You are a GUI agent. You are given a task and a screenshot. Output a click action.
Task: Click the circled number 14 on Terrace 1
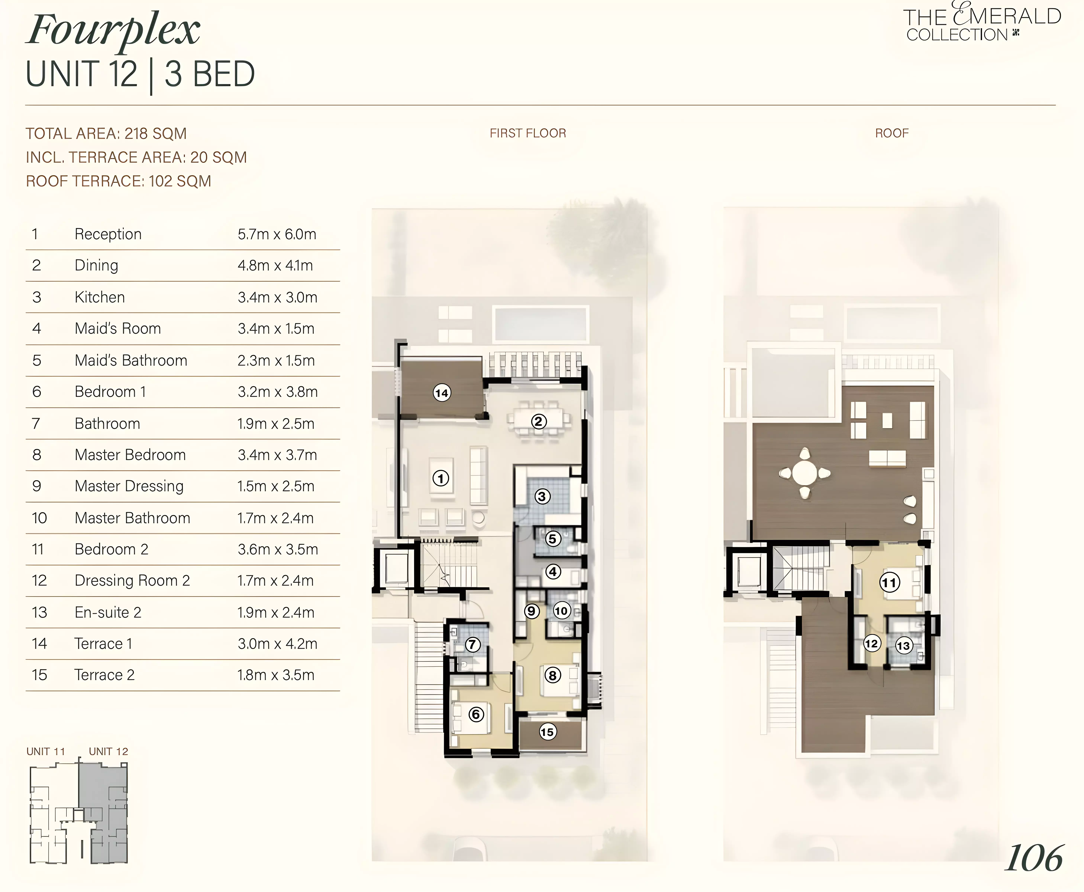click(441, 393)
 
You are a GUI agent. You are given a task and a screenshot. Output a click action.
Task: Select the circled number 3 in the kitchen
click(542, 496)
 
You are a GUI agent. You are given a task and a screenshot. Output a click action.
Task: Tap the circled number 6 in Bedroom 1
click(476, 714)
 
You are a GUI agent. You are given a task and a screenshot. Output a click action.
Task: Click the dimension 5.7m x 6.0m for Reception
click(277, 234)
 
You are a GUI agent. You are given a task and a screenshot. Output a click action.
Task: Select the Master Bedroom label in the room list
click(130, 455)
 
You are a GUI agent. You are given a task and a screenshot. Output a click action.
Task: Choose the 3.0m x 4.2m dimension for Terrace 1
click(277, 644)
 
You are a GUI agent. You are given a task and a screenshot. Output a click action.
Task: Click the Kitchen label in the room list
click(100, 297)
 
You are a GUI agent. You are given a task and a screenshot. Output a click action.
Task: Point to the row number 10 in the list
click(39, 518)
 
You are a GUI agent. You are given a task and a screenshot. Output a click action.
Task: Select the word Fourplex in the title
click(114, 31)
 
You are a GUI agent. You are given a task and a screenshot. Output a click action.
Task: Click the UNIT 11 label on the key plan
click(46, 751)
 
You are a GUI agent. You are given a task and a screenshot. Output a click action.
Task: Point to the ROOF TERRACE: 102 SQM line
click(119, 181)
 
